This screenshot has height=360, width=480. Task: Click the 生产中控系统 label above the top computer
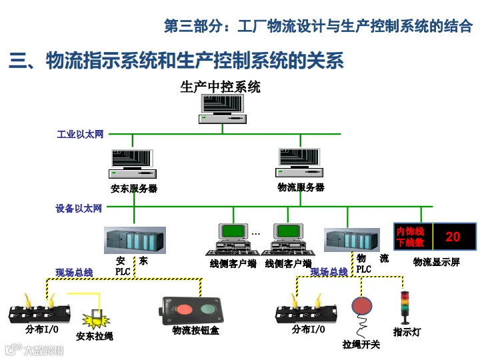tap(220, 87)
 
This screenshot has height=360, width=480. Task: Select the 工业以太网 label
tap(80, 134)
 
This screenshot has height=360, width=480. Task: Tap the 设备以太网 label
tap(79, 208)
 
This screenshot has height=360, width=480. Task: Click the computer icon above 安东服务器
tap(133, 164)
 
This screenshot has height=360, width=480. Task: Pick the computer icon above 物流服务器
tap(299, 163)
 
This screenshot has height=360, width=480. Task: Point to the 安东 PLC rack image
tap(135, 240)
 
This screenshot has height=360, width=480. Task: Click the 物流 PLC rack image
tap(352, 240)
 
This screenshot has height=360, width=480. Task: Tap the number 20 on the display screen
tap(453, 237)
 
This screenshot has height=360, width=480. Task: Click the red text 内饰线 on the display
tap(410, 231)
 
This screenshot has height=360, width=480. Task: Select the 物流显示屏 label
tap(437, 262)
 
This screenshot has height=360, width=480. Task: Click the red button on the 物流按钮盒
tap(184, 309)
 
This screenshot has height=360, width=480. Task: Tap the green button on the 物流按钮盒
tap(209, 309)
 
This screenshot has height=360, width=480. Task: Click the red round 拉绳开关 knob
tap(362, 306)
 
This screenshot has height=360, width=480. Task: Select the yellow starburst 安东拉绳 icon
tap(96, 319)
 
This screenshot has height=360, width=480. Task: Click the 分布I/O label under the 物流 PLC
tap(308, 329)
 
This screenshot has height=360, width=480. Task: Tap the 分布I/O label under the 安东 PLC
tap(42, 329)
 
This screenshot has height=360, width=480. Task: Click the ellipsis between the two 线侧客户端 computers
tap(256, 234)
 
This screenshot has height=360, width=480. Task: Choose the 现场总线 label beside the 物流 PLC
tap(329, 271)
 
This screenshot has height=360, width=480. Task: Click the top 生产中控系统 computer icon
tap(223, 109)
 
